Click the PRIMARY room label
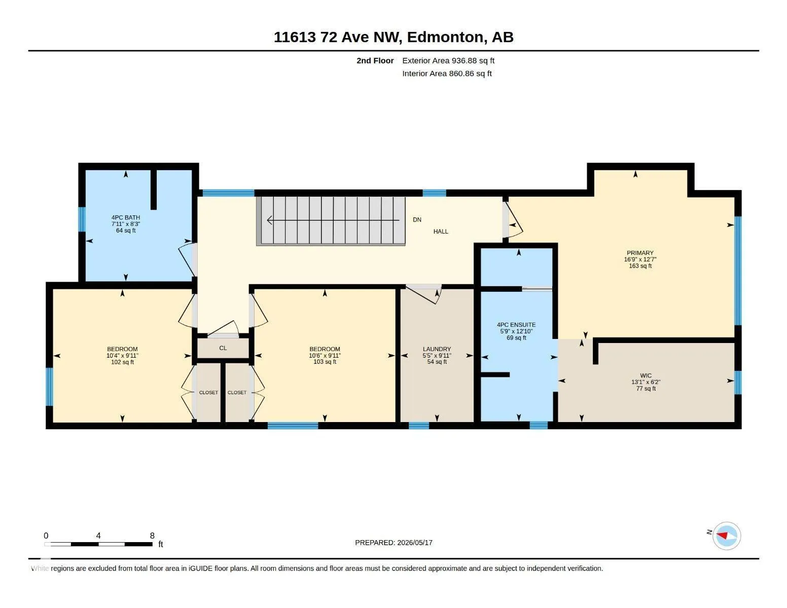[640, 253]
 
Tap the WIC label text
[646, 375]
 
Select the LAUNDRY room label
[437, 349]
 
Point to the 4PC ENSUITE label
[516, 325]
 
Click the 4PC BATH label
[126, 217]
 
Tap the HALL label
[441, 232]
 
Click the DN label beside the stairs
[417, 219]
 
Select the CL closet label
[223, 348]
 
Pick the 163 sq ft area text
[640, 266]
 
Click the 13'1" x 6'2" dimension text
[646, 382]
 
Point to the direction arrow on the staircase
[333, 220]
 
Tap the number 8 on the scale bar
[152, 536]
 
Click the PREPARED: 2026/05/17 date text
[393, 543]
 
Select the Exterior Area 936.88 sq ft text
[448, 61]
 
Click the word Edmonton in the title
[445, 37]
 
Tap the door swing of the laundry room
[423, 294]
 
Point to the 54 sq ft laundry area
[437, 362]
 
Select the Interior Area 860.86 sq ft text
[447, 74]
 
